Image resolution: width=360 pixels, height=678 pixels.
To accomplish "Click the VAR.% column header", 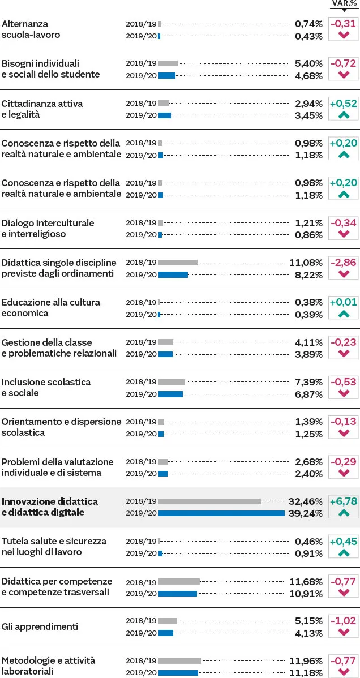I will [344, 3].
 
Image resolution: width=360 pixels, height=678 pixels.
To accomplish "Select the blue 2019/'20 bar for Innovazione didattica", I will [221, 513].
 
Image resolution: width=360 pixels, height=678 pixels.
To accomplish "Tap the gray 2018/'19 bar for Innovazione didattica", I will [209, 501].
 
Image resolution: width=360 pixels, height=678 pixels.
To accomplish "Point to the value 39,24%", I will [308, 513].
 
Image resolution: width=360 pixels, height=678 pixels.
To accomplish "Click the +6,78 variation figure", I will [344, 501].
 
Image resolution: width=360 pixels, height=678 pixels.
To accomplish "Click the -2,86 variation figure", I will [344, 263].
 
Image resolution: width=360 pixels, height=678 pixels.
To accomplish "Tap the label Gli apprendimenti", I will [40, 626].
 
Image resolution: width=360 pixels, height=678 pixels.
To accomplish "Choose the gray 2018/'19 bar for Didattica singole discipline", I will [178, 263].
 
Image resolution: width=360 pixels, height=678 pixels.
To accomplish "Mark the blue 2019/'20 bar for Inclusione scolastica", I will [170, 394].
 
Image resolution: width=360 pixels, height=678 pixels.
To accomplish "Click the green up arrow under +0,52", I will [344, 115].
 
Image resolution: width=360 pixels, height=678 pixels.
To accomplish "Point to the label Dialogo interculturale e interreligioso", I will [48, 228].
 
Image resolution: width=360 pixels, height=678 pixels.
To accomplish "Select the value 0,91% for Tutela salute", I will [308, 553].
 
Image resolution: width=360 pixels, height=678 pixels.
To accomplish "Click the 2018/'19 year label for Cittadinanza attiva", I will [141, 104].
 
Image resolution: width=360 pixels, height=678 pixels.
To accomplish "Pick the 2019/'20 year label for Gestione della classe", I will [141, 354].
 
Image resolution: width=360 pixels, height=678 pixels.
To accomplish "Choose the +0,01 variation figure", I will [344, 302].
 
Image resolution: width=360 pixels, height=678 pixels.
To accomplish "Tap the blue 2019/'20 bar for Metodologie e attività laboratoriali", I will [178, 672].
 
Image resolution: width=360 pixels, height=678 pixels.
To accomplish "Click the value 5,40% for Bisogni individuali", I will [308, 63].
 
